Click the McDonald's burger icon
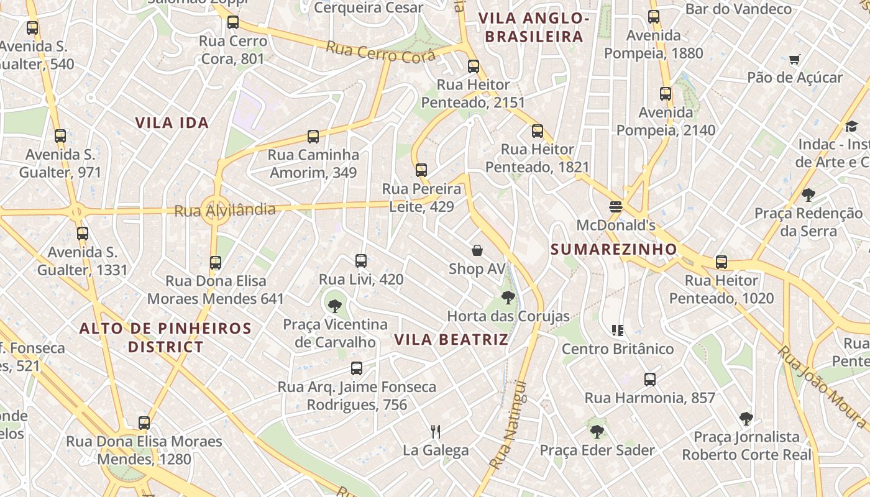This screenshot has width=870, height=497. pos(616,207)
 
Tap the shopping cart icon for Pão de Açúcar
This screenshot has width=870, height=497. pos(794,60)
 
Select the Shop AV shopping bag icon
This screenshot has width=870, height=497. pos(477,250)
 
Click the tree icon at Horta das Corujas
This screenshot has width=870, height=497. pos(508,298)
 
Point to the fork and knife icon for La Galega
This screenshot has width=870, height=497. pos(436,431)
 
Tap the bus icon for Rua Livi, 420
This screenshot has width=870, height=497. pos(361,261)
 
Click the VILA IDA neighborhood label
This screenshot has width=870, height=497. pos(172,122)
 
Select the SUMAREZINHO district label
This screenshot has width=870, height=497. pos(613,249)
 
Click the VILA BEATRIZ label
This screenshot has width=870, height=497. pos(451,340)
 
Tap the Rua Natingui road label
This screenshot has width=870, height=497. pos(508,425)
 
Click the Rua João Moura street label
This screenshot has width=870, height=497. pos(821,386)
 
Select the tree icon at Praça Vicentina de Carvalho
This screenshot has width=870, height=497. pos(335,306)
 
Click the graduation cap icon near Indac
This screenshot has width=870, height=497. pos(851,127)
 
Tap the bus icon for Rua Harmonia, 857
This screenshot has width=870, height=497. pos(650,379)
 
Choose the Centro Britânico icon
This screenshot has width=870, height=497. pos(617,330)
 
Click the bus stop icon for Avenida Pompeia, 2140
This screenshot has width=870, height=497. pos(666,94)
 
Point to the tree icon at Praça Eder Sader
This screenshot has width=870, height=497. pos(597,431)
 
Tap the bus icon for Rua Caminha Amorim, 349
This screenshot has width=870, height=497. pos(313,137)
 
